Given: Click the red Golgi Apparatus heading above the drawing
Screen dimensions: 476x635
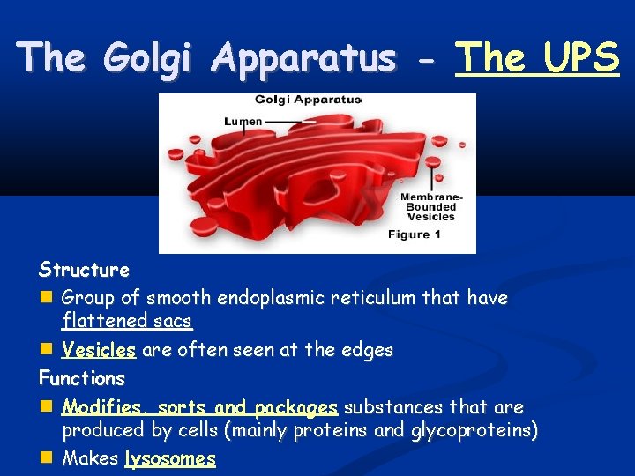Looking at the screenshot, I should pos(308,100).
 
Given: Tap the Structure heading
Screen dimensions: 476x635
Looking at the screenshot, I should pos(84,270).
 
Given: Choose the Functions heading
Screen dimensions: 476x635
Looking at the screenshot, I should pos(82,379).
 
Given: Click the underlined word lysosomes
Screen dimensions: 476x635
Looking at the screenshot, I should pos(170,458).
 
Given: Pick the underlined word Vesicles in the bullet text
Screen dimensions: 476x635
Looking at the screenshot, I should pos(99,351).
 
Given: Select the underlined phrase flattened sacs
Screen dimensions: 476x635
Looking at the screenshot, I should pos(127,321).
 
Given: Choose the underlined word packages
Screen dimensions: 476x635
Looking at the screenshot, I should pos(296,407).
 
